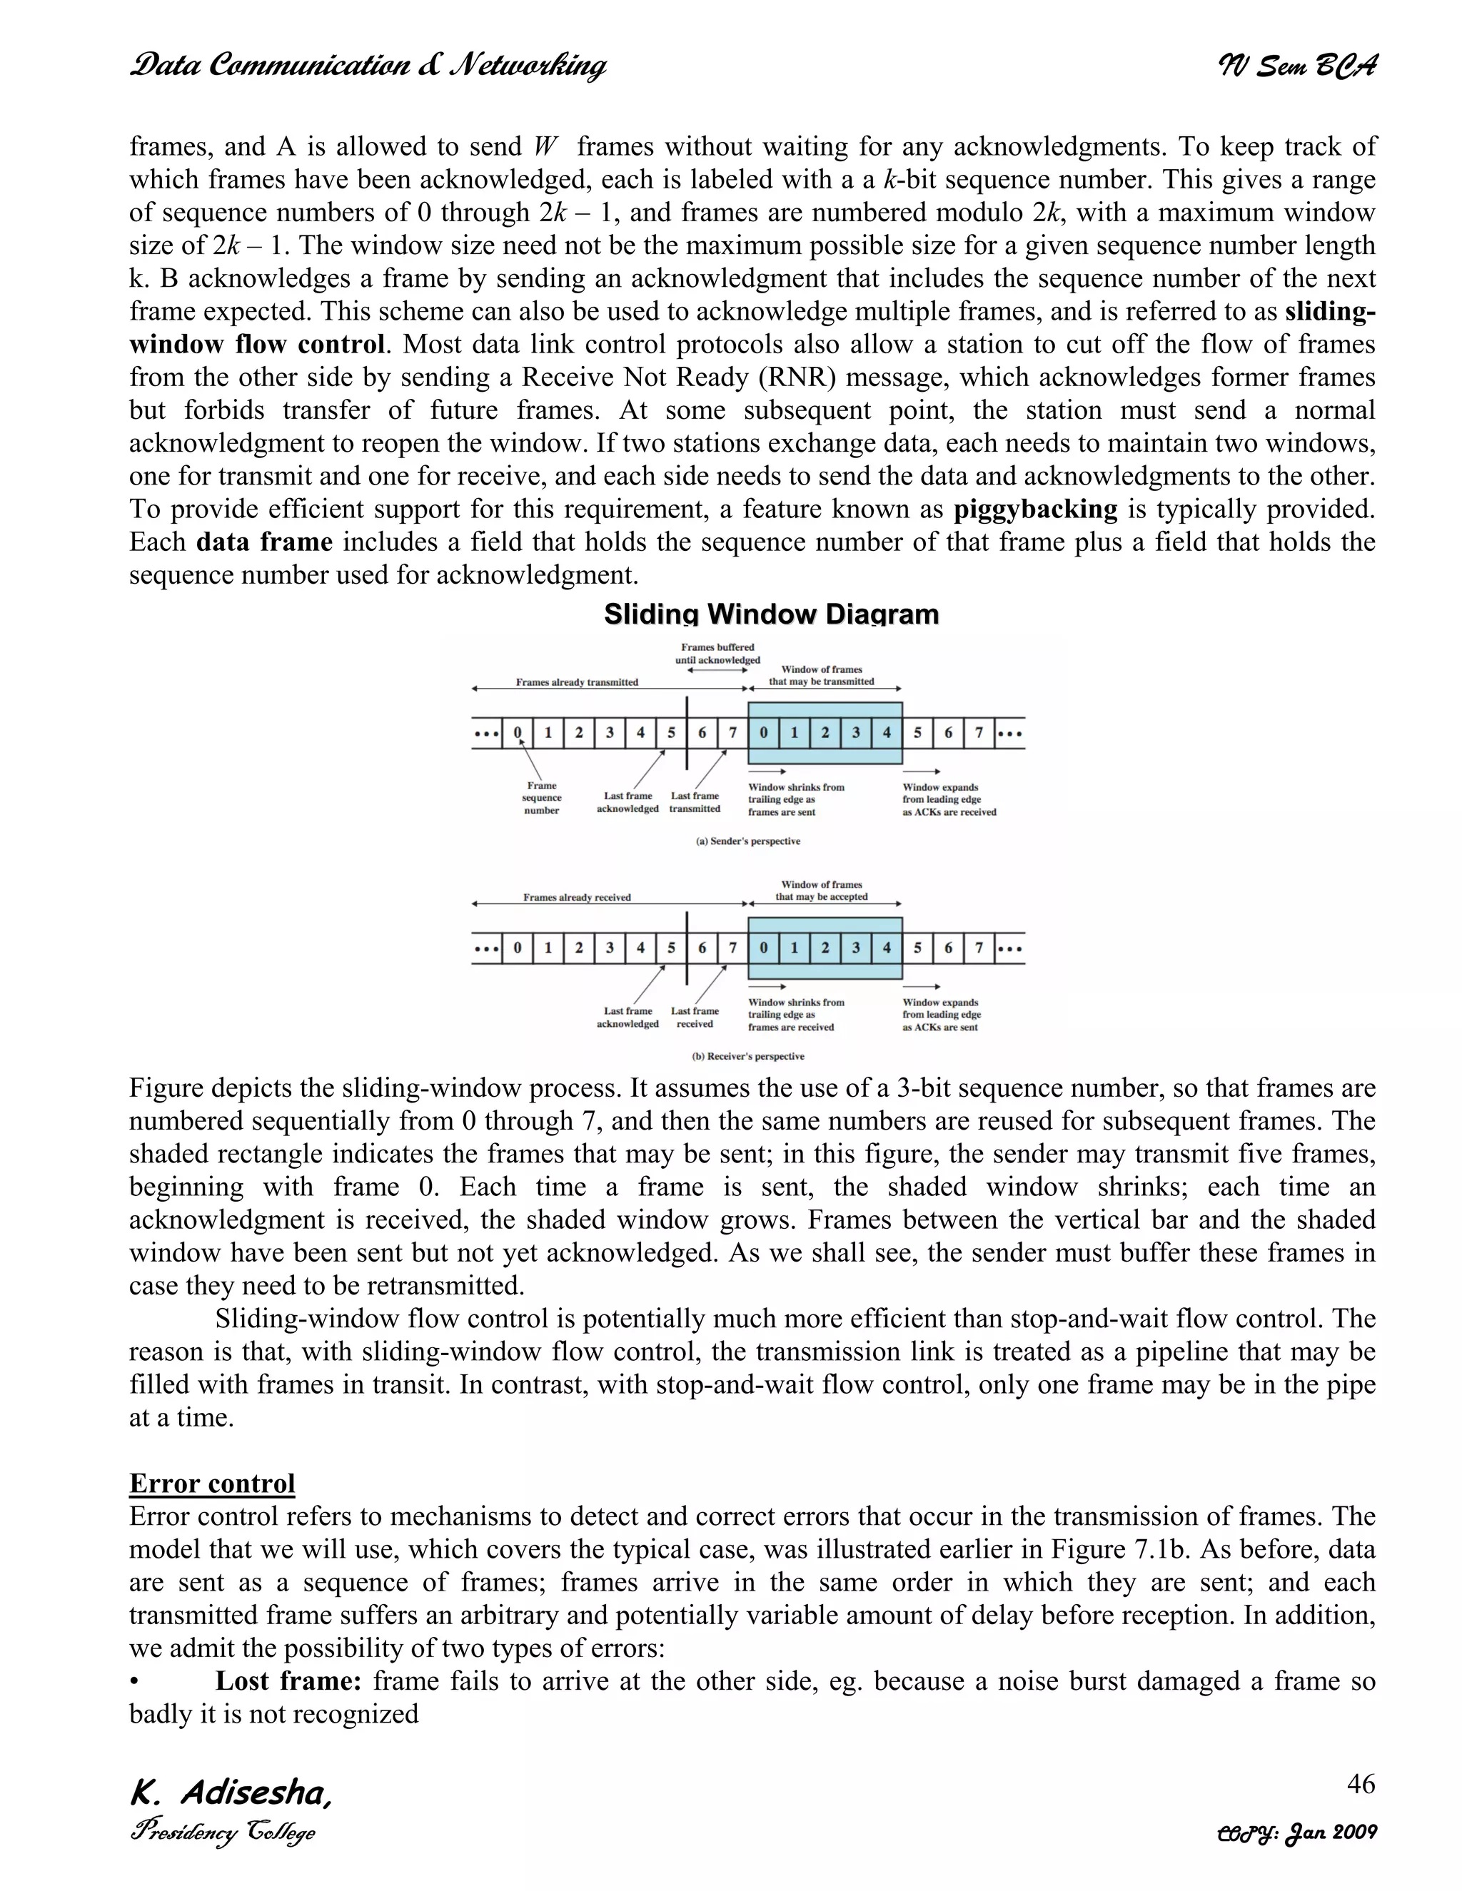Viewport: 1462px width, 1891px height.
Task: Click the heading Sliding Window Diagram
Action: pos(771,614)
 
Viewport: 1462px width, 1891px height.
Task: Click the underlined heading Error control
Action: pos(212,1484)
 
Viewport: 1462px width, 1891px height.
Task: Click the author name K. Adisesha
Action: pos(231,1793)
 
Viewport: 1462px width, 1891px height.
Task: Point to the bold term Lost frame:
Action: pos(288,1680)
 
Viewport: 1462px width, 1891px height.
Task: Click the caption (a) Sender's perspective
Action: pos(748,841)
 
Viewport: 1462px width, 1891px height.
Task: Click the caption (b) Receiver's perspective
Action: pos(748,1056)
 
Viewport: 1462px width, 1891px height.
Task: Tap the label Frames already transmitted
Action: pos(577,682)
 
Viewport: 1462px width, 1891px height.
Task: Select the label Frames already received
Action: pos(577,897)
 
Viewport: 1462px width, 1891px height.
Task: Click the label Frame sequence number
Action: pos(541,799)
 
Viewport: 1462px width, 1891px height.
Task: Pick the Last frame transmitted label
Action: pos(695,802)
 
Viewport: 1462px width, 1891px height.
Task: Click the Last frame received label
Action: pos(695,1018)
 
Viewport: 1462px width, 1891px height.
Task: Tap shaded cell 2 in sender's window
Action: pos(825,734)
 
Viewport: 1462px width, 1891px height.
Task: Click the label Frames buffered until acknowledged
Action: pos(717,653)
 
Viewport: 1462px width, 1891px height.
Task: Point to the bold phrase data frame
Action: pos(264,543)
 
